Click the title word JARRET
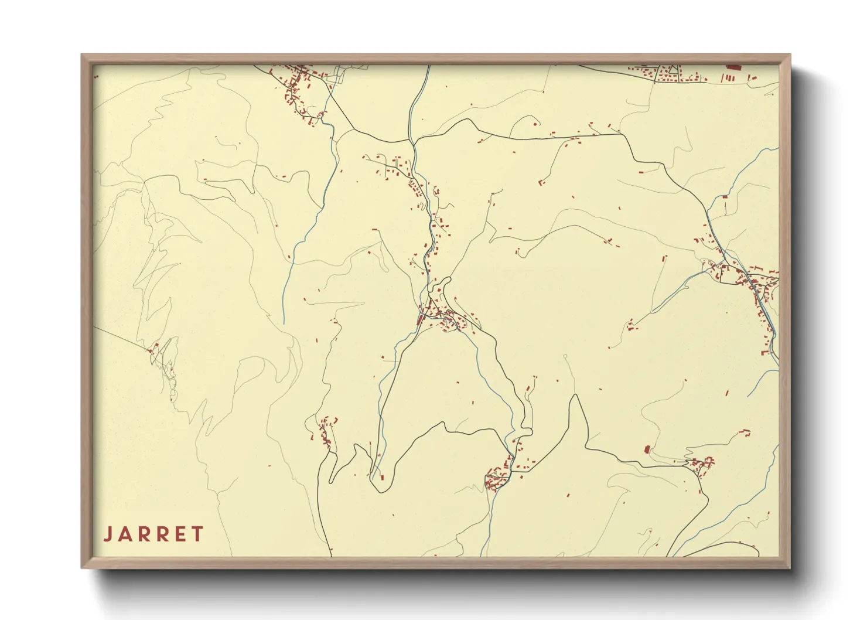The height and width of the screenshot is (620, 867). click(x=153, y=534)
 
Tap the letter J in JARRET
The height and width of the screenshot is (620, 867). click(x=108, y=534)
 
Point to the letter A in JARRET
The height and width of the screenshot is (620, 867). click(x=124, y=534)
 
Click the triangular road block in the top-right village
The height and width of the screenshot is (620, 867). click(x=668, y=73)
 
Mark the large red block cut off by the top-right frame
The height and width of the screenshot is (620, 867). click(x=733, y=67)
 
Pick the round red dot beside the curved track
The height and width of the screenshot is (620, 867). click(x=535, y=124)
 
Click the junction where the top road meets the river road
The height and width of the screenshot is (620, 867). click(x=413, y=141)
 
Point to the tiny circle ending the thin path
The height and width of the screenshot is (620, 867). click(x=565, y=356)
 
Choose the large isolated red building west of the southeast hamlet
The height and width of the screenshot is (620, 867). click(x=647, y=449)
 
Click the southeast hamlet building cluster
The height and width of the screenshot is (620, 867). click(x=701, y=465)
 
